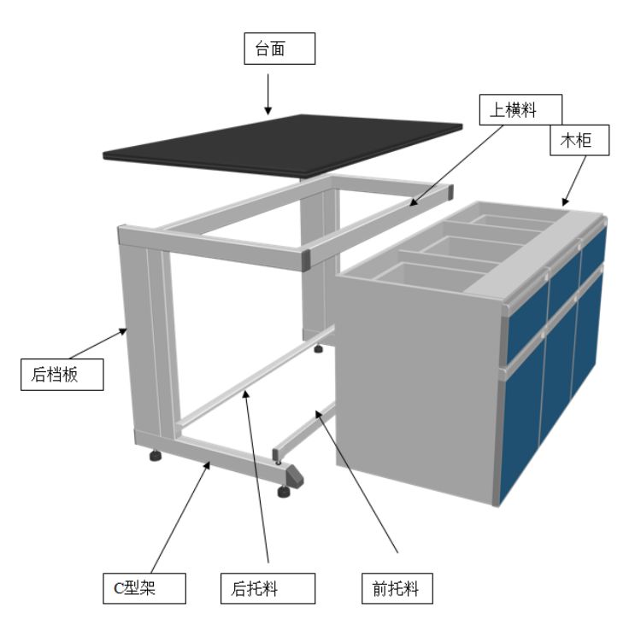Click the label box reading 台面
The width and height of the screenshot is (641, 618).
279,49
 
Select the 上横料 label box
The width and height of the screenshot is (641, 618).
520,110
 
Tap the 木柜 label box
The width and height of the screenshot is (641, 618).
579,140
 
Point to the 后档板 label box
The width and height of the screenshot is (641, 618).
62,375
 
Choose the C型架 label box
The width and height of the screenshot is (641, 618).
144,588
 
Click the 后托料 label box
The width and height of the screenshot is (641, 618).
268,588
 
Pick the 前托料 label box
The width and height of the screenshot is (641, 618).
397,588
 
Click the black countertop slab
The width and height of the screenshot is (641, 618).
282,146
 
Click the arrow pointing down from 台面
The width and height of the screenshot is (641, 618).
268,94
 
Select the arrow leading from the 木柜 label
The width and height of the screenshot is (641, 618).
573,181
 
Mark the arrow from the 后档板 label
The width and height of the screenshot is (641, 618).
98,343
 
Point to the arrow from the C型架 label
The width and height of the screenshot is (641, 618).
180,516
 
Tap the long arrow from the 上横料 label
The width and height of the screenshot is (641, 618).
456,166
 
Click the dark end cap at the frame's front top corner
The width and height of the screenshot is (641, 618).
305,259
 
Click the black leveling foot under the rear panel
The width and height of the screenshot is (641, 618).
156,455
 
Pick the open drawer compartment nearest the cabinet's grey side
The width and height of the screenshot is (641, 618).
429,277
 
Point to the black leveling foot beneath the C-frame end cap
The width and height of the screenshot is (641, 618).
284,491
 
